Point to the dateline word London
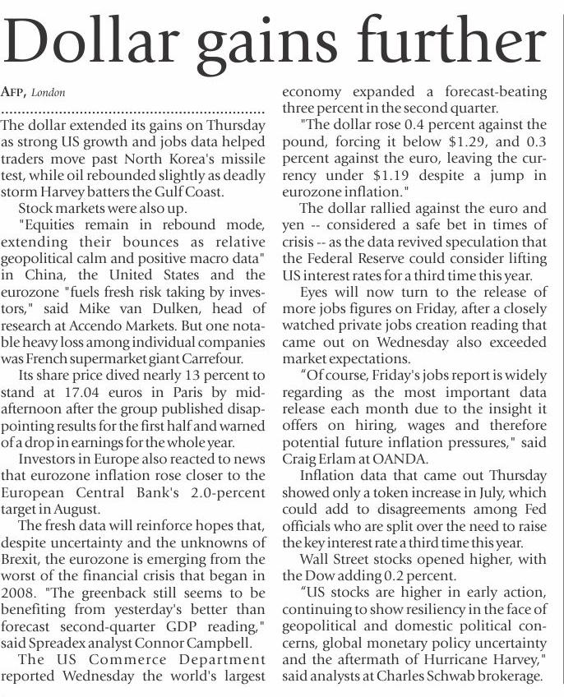49,92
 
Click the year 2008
19,593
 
